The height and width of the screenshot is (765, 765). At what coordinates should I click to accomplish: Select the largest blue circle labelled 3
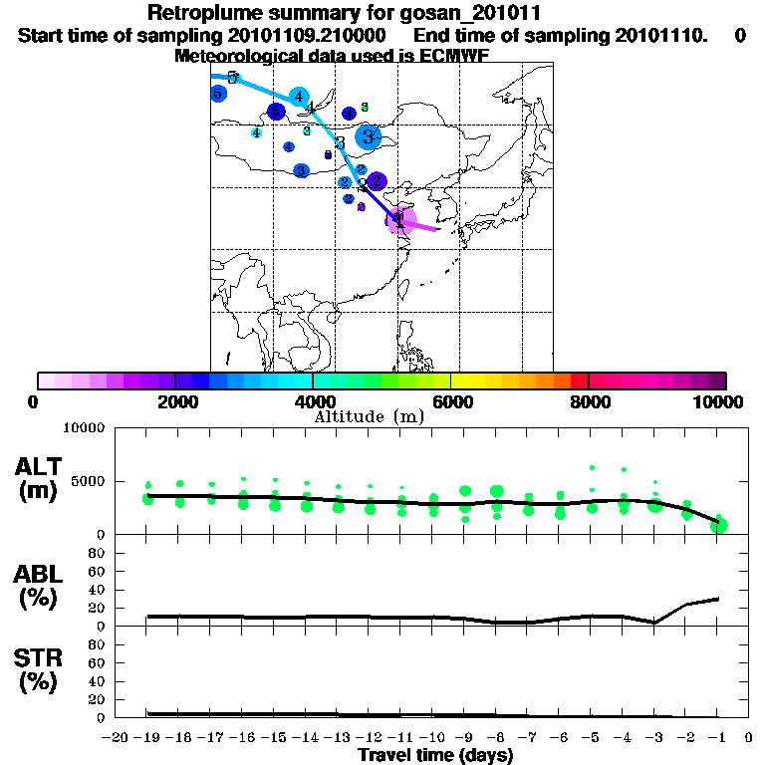[x=369, y=137]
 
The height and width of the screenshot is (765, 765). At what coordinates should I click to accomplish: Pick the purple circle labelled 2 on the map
[x=377, y=181]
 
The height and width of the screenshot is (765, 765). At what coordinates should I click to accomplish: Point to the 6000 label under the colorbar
[x=451, y=401]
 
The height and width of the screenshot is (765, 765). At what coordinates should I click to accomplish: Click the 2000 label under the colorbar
[x=174, y=401]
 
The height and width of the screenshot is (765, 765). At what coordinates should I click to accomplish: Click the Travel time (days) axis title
[x=436, y=755]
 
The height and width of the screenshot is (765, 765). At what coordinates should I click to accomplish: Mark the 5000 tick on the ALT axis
[x=85, y=481]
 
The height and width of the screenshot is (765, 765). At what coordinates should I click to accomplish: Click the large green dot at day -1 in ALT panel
[x=718, y=525]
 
